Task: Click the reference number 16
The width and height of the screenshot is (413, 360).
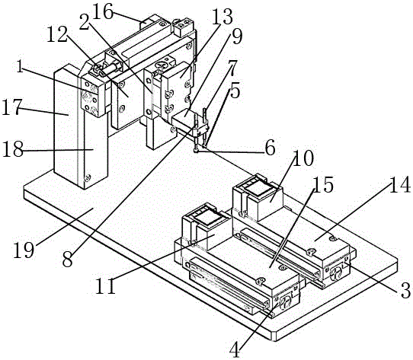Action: pyautogui.click(x=104, y=12)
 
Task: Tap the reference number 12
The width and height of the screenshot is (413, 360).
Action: pyautogui.click(x=57, y=35)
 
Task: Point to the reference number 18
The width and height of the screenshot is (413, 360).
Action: pyautogui.click(x=13, y=149)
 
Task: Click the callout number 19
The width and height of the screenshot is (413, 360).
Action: pyautogui.click(x=24, y=250)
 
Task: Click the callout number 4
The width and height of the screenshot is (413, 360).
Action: pyautogui.click(x=235, y=350)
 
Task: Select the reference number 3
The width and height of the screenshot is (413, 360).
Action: pyautogui.click(x=405, y=290)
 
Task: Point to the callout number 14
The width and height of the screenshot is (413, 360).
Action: pyautogui.click(x=400, y=184)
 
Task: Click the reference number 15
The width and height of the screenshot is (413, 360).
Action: pyautogui.click(x=323, y=184)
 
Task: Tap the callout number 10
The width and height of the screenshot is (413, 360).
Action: pyautogui.click(x=303, y=158)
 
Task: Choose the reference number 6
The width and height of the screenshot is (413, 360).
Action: pyautogui.click(x=271, y=148)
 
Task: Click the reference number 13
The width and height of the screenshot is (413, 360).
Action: pyautogui.click(x=223, y=17)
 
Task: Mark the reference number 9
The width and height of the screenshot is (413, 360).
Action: pyautogui.click(x=237, y=37)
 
